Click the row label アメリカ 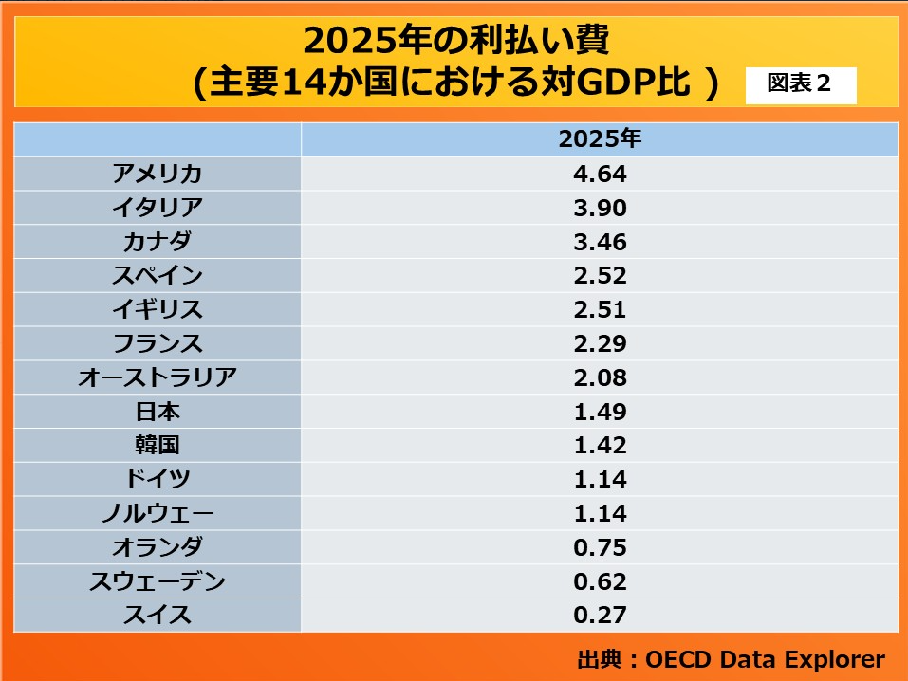pyautogui.click(x=158, y=174)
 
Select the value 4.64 pyautogui.click(x=600, y=174)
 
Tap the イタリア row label pyautogui.click(x=158, y=208)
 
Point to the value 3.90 pyautogui.click(x=600, y=208)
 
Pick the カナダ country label pyautogui.click(x=158, y=242)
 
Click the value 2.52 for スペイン pyautogui.click(x=600, y=276)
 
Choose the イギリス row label pyautogui.click(x=158, y=309)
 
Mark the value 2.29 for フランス pyautogui.click(x=600, y=343)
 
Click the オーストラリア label pyautogui.click(x=158, y=377)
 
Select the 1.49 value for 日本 pyautogui.click(x=600, y=412)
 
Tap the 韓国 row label pyautogui.click(x=158, y=445)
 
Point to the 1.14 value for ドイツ pyautogui.click(x=600, y=479)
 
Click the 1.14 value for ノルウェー pyautogui.click(x=600, y=513)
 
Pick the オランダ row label pyautogui.click(x=158, y=547)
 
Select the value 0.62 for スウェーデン pyautogui.click(x=600, y=581)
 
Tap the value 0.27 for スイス pyautogui.click(x=600, y=615)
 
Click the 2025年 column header pyautogui.click(x=600, y=139)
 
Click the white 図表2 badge pyautogui.click(x=800, y=84)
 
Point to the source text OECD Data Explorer pyautogui.click(x=765, y=659)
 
